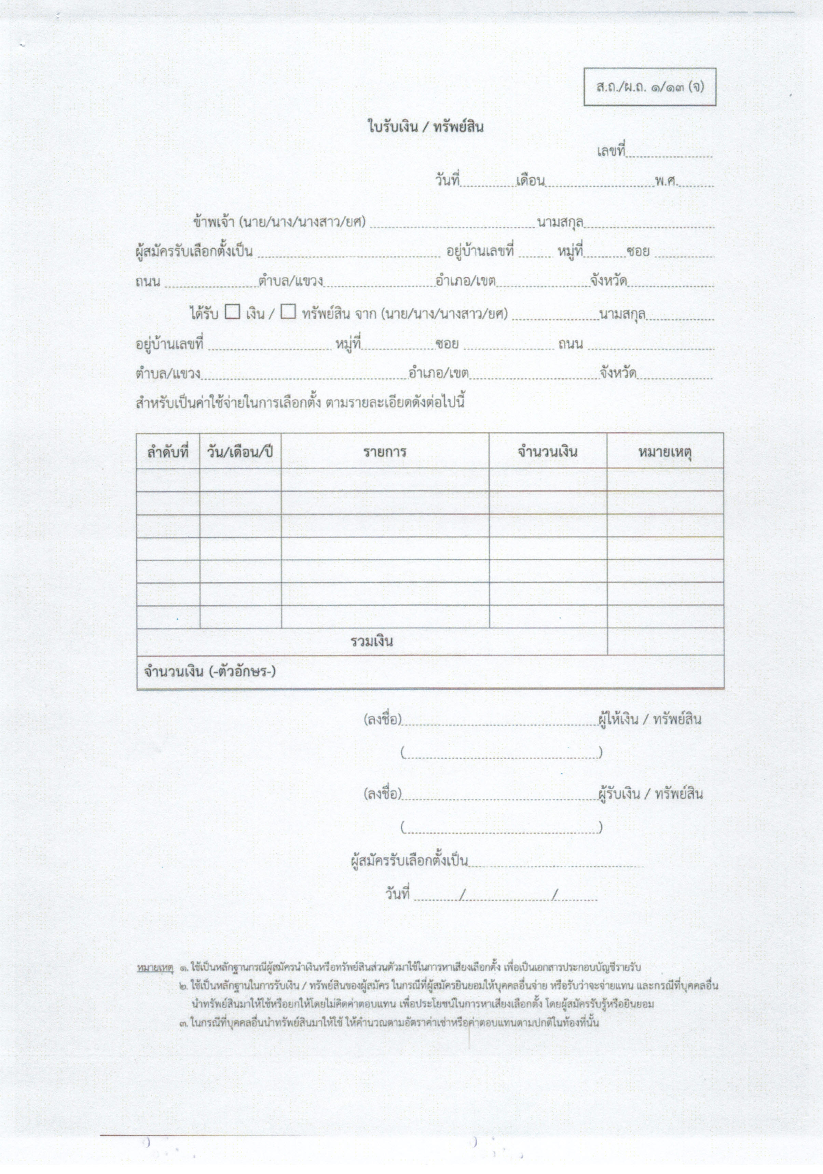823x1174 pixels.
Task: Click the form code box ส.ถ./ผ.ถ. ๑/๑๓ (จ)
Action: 649,87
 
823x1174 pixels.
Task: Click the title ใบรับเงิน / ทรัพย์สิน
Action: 425,127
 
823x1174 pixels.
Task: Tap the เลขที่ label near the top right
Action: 611,151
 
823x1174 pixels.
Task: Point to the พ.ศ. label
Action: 666,180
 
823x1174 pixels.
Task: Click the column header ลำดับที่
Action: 168,452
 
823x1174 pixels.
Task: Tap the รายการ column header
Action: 385,452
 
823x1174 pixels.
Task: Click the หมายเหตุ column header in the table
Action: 665,452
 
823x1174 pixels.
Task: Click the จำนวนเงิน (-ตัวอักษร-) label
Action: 210,671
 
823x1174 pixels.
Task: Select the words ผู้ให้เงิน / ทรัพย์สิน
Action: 649,719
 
